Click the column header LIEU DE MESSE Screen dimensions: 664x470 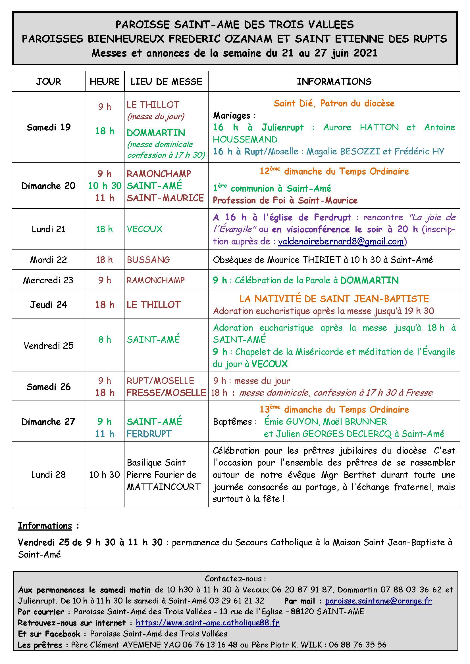(x=166, y=81)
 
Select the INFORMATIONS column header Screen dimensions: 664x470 (x=334, y=81)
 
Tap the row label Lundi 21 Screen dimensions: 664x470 (x=48, y=229)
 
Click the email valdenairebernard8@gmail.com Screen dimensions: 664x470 (x=341, y=242)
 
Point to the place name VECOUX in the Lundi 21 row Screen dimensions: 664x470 (x=145, y=229)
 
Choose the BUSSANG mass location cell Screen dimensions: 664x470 (x=148, y=260)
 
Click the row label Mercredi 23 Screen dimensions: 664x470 (x=48, y=280)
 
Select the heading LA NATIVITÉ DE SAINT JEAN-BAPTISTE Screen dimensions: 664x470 (x=334, y=298)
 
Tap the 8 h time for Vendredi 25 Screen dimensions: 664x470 (x=105, y=339)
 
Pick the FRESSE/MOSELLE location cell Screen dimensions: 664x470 (x=166, y=392)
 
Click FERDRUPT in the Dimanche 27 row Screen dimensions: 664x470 (x=149, y=434)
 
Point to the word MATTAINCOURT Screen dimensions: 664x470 (x=164, y=487)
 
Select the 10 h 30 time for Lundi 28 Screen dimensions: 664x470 (x=105, y=475)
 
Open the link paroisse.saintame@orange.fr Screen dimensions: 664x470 (x=378, y=601)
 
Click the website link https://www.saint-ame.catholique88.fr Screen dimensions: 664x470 (x=207, y=623)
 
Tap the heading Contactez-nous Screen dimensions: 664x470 (x=235, y=578)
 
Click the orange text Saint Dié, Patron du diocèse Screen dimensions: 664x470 (x=334, y=103)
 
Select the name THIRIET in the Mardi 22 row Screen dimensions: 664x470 (x=322, y=260)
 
